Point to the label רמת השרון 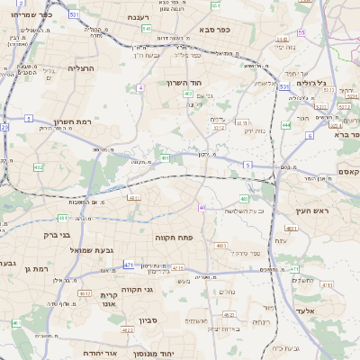74,121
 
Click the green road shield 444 285,125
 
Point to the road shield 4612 84,293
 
